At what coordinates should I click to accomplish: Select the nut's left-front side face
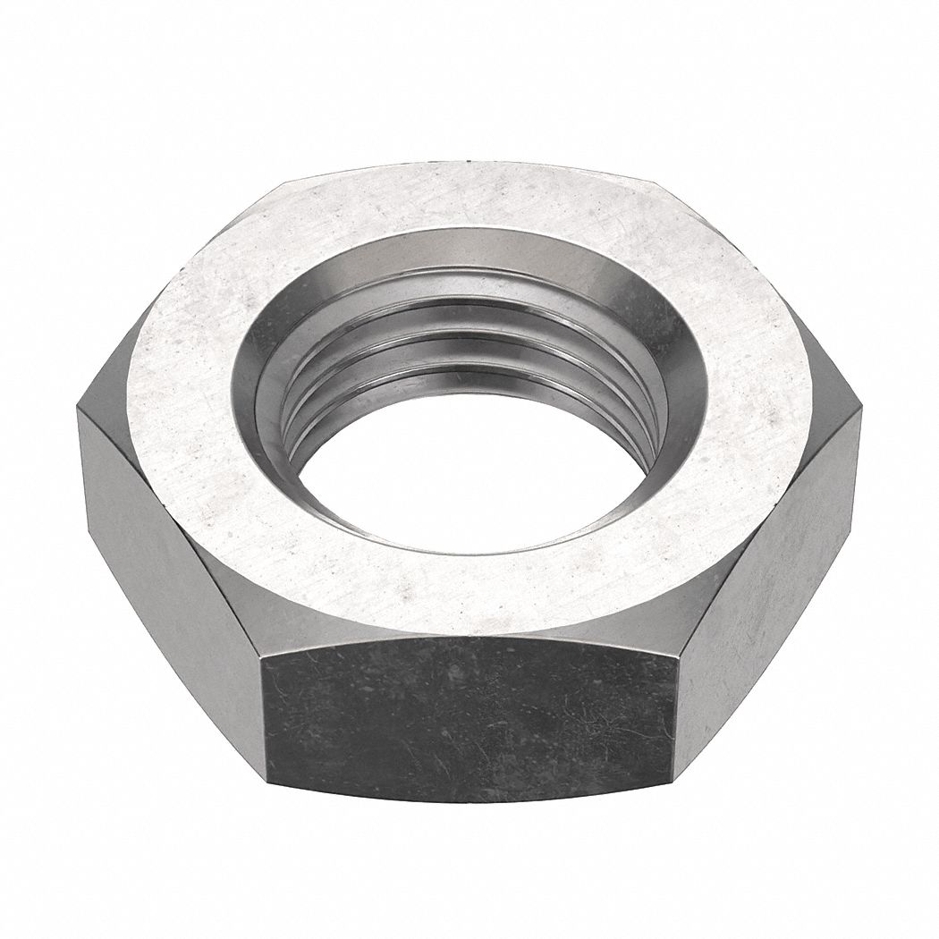tap(170, 554)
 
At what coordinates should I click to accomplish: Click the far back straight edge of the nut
tap(474, 166)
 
